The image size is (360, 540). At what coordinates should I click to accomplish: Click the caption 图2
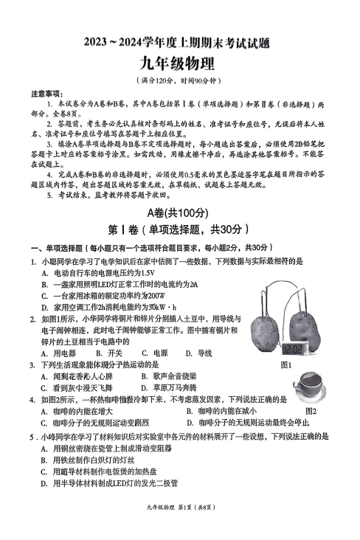pos(311,411)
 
